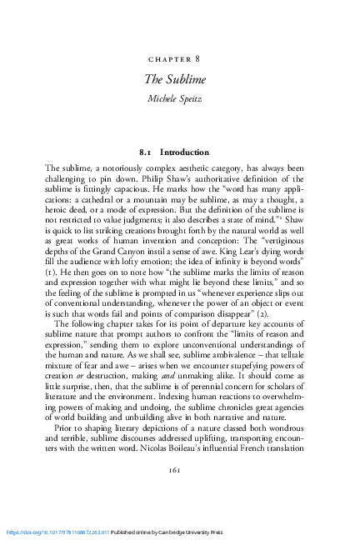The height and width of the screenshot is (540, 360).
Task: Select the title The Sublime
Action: [179, 79]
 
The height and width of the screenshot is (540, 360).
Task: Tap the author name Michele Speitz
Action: [179, 98]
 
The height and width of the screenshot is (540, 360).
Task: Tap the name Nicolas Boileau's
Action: [182, 461]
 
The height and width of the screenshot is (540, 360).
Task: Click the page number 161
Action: [179, 492]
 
